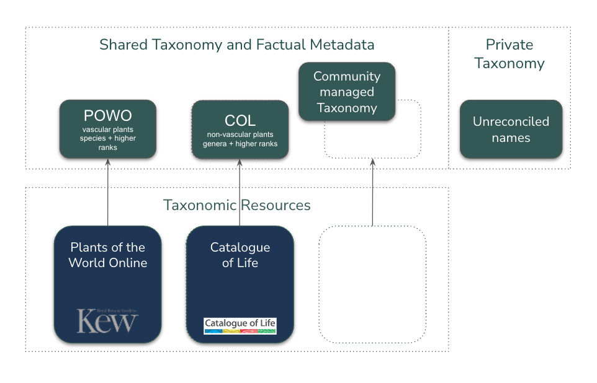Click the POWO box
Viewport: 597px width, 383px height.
pyautogui.click(x=107, y=129)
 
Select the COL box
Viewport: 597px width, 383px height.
pyautogui.click(x=240, y=130)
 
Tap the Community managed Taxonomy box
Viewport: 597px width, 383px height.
pyautogui.click(x=346, y=92)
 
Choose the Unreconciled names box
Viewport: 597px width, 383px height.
pyautogui.click(x=511, y=129)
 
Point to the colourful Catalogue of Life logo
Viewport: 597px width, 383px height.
pyautogui.click(x=240, y=326)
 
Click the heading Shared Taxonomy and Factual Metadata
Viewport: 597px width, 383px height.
pyautogui.click(x=236, y=45)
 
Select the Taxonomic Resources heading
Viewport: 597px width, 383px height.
pyautogui.click(x=236, y=205)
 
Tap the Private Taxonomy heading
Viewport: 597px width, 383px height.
pyautogui.click(x=509, y=54)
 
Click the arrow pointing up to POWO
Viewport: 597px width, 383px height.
pyautogui.click(x=107, y=192)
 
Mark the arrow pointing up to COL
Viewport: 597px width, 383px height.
pyautogui.click(x=240, y=192)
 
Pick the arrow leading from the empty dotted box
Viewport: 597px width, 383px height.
pyautogui.click(x=372, y=192)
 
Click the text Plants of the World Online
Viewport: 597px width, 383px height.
pyautogui.click(x=107, y=255)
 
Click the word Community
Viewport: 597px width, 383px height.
pyautogui.click(x=346, y=76)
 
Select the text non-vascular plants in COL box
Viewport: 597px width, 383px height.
pyautogui.click(x=240, y=134)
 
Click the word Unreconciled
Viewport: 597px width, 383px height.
pyautogui.click(x=511, y=121)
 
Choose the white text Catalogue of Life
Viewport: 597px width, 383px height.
pyautogui.click(x=240, y=255)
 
